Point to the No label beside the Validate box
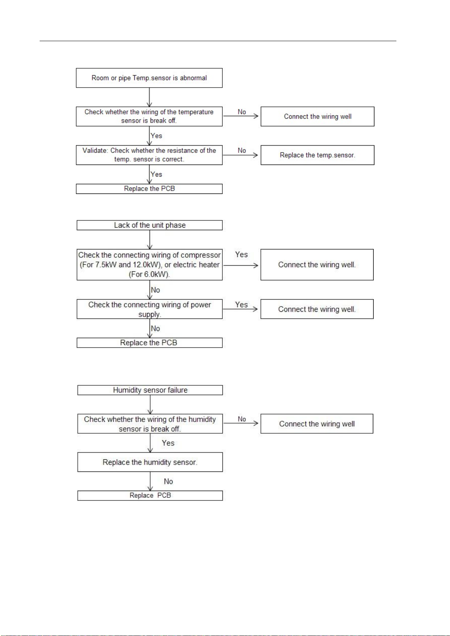[242, 151]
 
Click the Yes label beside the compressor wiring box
[241, 255]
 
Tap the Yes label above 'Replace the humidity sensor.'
[168, 443]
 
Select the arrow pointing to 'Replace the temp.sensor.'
[240, 155]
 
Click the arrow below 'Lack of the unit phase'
[149, 240]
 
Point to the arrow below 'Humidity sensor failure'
[150, 405]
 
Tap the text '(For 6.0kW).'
[149, 274]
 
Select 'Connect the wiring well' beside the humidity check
[317, 424]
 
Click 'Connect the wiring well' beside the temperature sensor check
[318, 116]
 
